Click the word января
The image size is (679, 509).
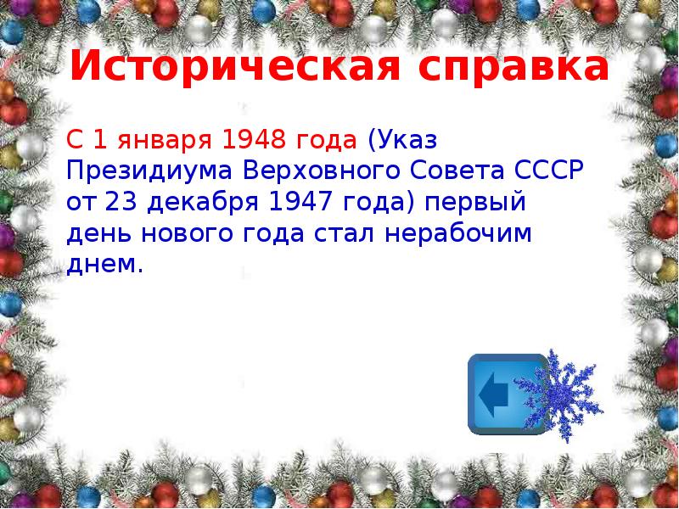[167, 138]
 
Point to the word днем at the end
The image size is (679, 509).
[103, 266]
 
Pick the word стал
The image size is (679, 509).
[351, 235]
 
